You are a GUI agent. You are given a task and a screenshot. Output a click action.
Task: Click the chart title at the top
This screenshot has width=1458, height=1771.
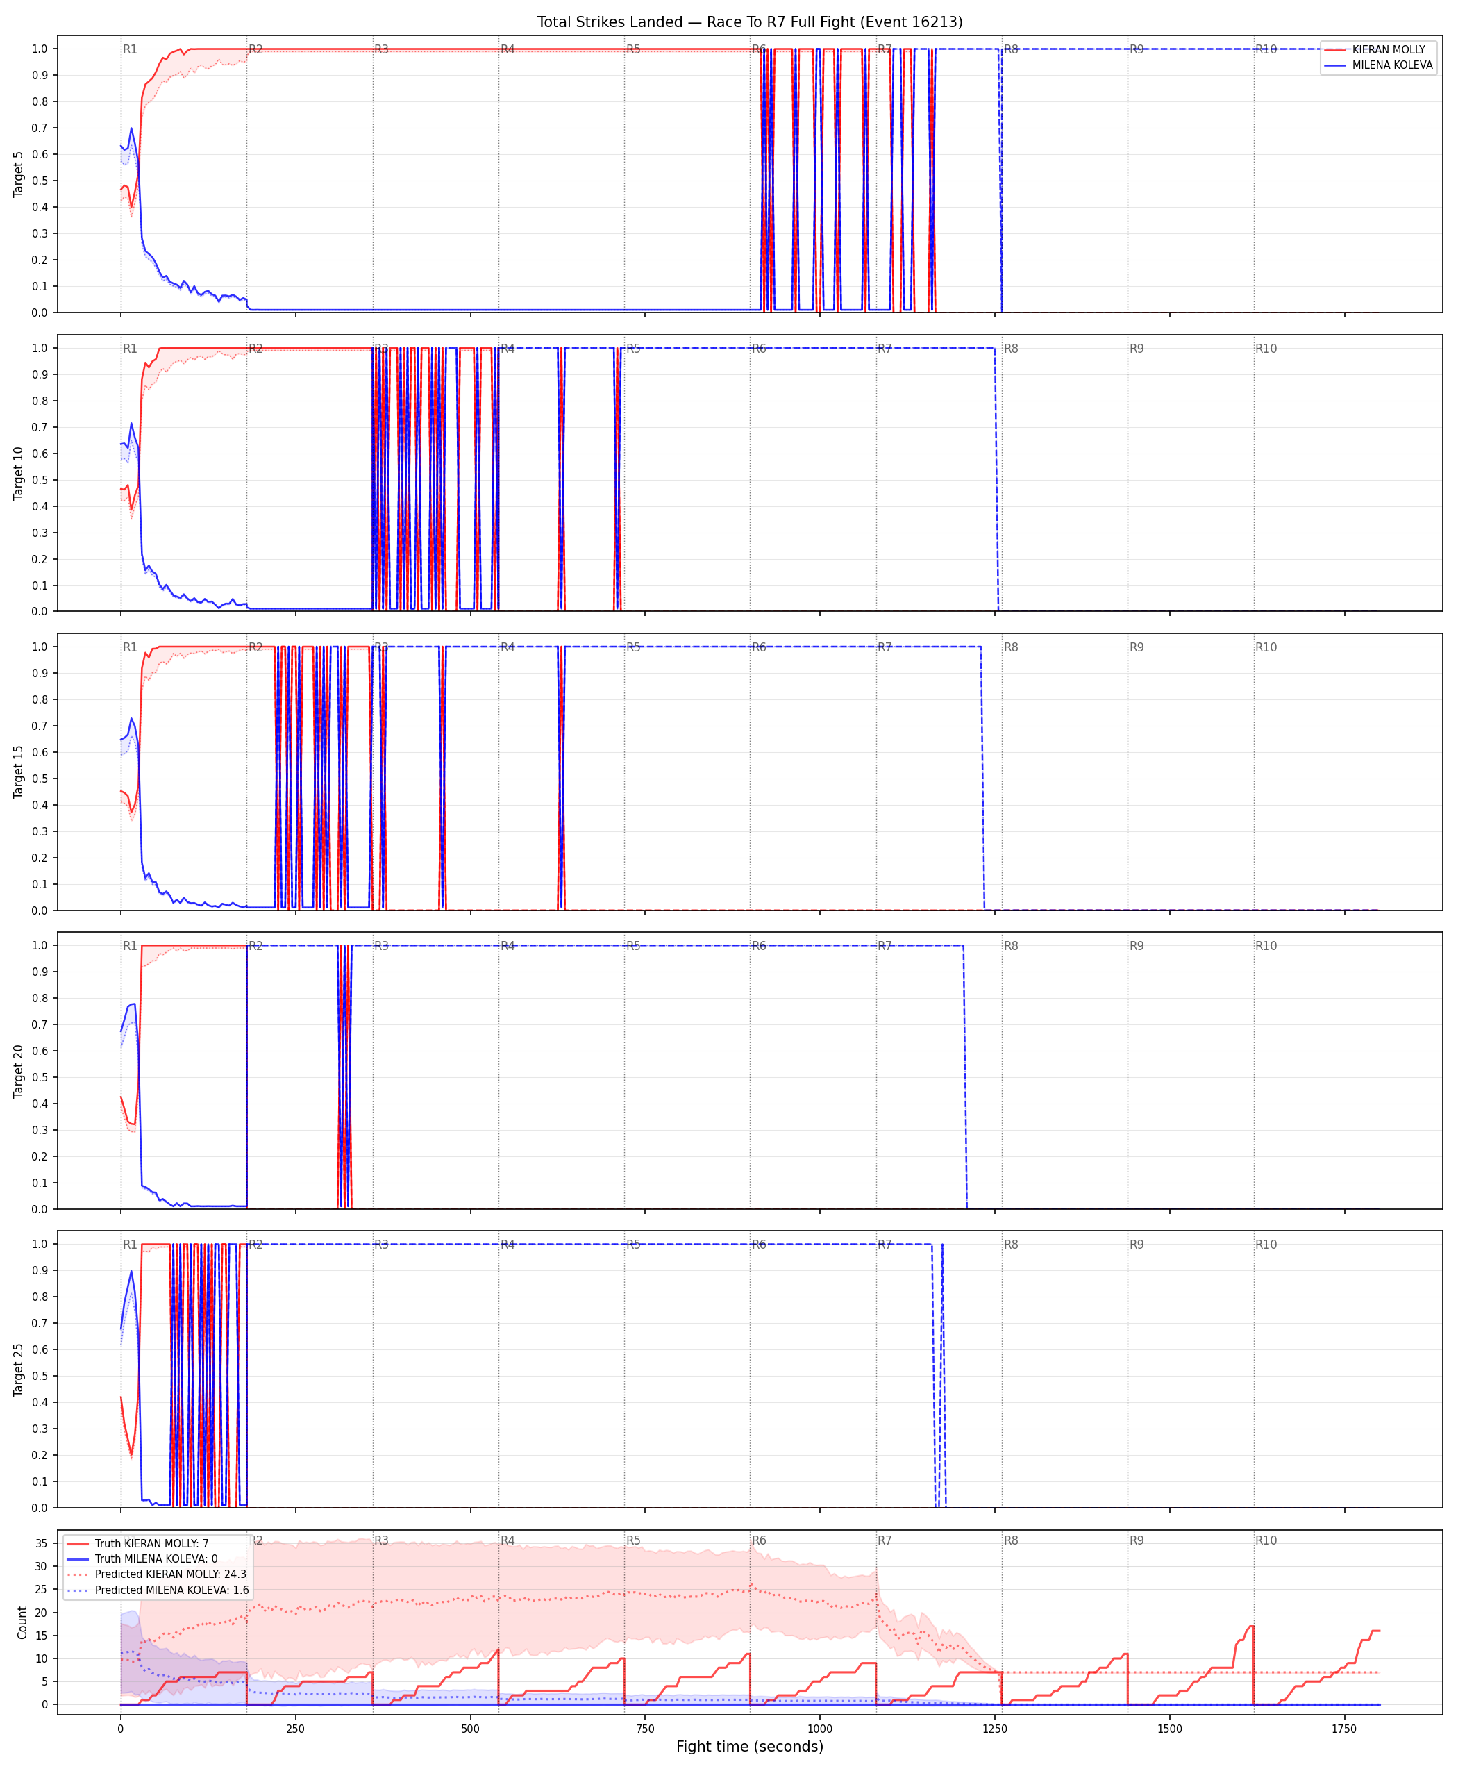750,22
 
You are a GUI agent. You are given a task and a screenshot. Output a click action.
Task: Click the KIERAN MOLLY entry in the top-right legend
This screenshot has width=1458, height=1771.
1389,49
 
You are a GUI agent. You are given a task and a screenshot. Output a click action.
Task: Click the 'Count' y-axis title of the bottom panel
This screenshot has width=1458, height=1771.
22,1622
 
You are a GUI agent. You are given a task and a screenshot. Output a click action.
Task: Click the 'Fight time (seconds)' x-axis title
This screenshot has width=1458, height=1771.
750,1747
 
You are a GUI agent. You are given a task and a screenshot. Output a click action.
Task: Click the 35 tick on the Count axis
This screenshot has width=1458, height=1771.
40,1543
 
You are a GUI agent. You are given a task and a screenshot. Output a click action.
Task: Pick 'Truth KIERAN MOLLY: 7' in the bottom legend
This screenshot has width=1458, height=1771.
152,1543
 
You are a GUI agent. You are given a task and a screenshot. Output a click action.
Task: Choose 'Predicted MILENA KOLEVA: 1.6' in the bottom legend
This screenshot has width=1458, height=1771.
172,1590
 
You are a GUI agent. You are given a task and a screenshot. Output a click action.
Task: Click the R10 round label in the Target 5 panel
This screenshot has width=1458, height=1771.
1266,49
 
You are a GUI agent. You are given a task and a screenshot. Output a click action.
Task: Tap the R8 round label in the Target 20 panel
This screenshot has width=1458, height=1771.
1011,946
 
